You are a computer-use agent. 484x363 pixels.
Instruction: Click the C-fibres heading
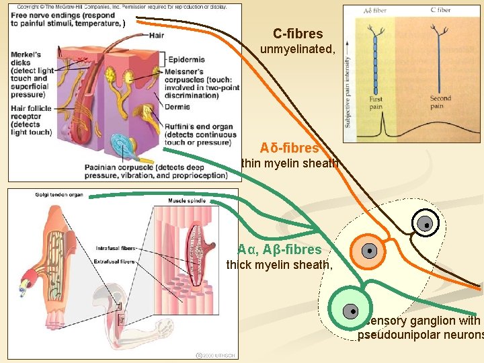click(298, 34)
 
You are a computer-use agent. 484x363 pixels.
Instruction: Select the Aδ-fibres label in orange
click(290, 148)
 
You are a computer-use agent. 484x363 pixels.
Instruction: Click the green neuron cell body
click(350, 311)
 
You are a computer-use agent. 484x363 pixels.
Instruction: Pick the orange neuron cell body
click(369, 251)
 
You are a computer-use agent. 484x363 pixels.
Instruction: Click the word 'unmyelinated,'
click(297, 49)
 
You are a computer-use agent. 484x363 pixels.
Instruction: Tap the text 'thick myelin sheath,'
click(279, 265)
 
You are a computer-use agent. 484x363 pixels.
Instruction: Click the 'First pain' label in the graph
click(376, 103)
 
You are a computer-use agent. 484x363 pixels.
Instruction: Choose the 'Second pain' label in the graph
click(440, 102)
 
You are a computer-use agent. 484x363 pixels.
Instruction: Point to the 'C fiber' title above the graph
click(440, 11)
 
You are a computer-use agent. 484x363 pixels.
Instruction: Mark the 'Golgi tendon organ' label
click(59, 195)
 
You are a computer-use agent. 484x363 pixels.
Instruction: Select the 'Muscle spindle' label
click(188, 200)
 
